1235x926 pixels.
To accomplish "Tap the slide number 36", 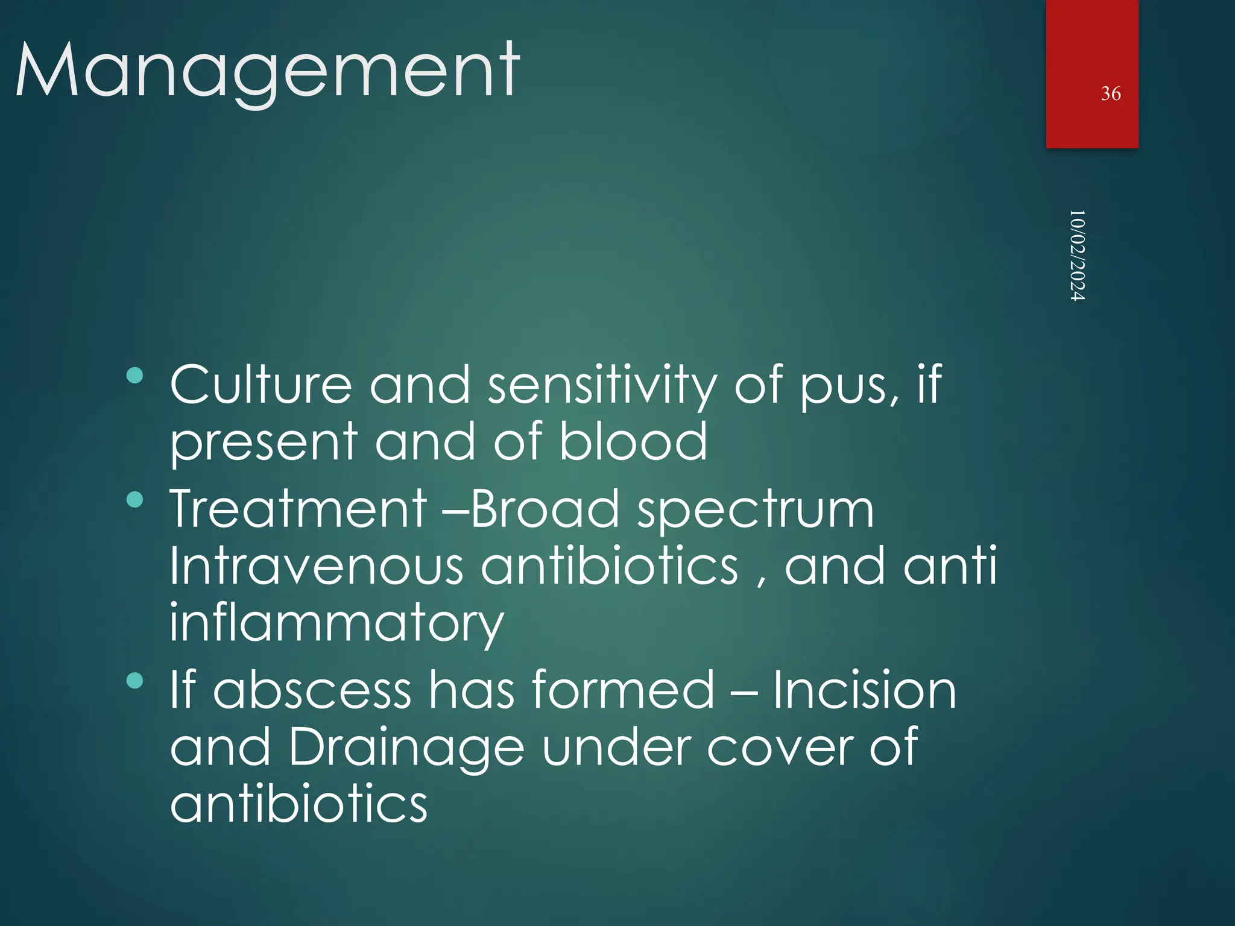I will pos(1110,93).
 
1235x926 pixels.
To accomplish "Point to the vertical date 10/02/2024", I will pos(1077,256).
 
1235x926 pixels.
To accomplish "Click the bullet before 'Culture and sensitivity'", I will pos(135,376).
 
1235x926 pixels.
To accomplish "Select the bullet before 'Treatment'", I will pos(135,500).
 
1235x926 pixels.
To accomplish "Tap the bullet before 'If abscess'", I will pos(135,681).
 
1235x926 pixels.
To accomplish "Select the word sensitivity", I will pos(602,386).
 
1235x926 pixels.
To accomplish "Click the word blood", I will pos(633,441).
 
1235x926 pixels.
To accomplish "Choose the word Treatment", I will pos(298,509).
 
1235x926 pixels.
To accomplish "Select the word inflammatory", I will pos(336,625).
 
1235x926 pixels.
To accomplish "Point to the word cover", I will pos(779,748).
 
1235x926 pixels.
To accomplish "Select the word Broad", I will pos(545,509).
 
